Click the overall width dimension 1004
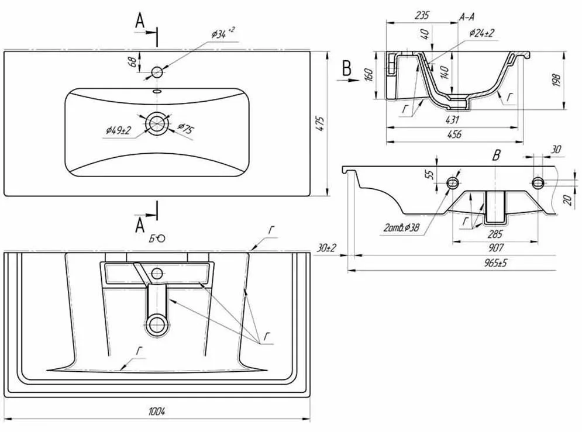pos(157,411)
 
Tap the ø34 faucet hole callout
pos(223,33)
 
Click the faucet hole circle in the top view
pos(157,72)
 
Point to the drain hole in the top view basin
pos(157,123)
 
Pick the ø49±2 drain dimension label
pos(118,130)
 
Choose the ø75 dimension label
pos(185,128)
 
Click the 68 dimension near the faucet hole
pos(132,61)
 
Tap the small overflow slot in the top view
pos(157,91)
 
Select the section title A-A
pos(467,17)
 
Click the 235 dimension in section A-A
pos(422,15)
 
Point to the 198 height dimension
pos(556,81)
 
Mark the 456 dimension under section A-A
pos(454,134)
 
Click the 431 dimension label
pos(452,120)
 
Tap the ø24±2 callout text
pos(481,33)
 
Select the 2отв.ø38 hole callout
pos(402,227)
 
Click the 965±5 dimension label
pos(495,263)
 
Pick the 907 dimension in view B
pos(496,247)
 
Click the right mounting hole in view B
pos(538,182)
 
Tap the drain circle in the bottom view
pos(157,324)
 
